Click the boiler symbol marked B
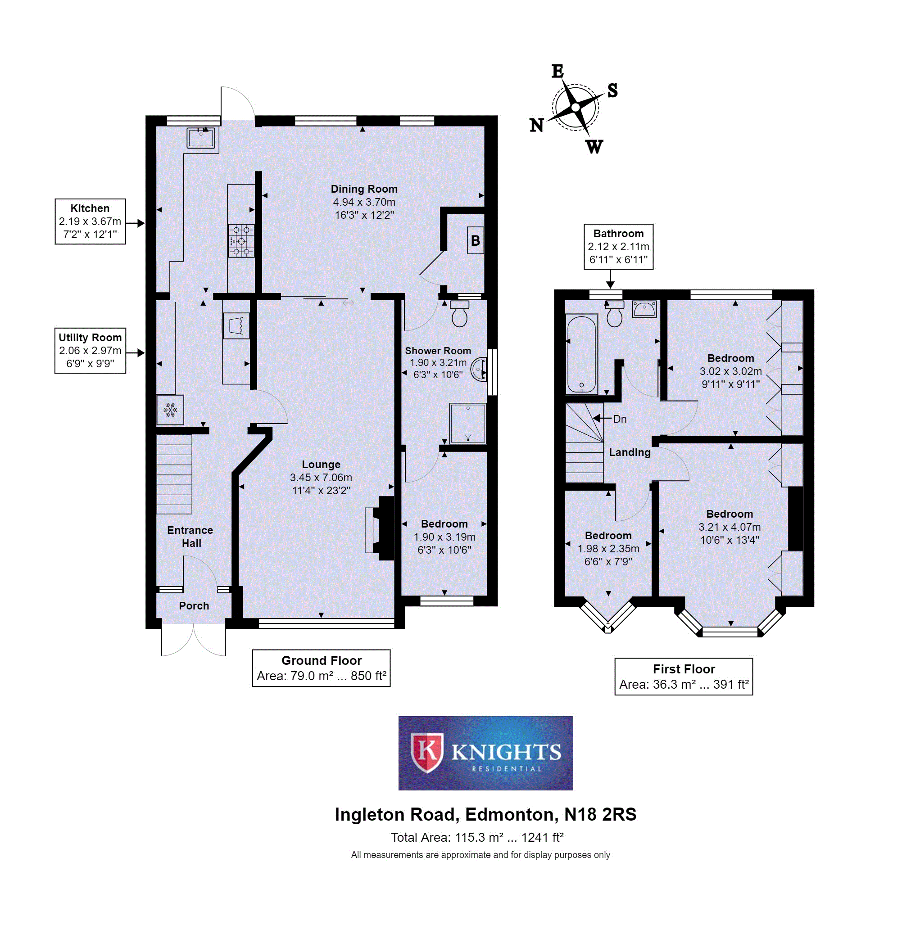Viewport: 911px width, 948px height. tap(475, 240)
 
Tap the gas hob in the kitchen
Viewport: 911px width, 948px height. tap(241, 240)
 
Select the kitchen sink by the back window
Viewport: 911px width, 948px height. tap(201, 138)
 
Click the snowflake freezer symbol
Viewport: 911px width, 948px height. tap(170, 410)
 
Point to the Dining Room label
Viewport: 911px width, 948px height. tap(364, 189)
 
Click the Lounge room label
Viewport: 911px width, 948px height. tap(321, 465)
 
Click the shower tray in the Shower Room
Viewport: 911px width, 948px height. tap(467, 423)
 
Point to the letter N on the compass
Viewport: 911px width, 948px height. tap(536, 125)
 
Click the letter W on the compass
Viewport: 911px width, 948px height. tap(594, 147)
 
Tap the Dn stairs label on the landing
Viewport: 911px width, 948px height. tap(619, 419)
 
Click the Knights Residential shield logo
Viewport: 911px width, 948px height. tap(427, 752)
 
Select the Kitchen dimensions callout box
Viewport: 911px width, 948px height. tap(90, 221)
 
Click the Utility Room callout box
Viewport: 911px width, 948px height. tap(90, 351)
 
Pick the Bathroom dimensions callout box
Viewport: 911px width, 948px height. tap(618, 247)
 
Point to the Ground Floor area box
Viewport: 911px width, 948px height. tap(321, 668)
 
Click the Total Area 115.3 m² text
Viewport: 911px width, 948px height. tap(476, 837)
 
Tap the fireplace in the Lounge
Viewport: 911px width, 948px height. tap(380, 528)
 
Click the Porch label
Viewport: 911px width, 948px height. tap(194, 605)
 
